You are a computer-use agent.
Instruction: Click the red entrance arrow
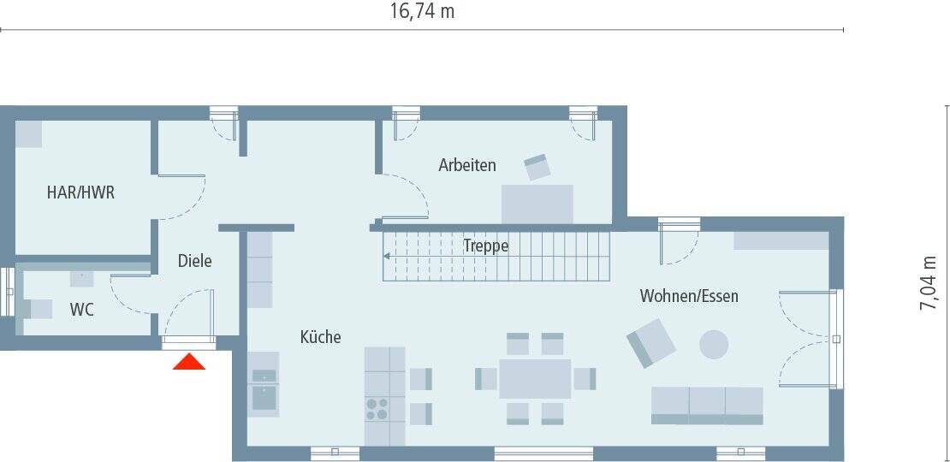coord(189,362)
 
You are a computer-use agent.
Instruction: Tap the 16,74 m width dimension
coord(422,11)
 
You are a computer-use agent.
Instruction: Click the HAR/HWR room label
coord(80,192)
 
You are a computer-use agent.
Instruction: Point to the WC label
coord(82,310)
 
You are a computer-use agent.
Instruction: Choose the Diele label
coord(194,261)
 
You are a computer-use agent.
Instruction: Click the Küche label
coord(320,337)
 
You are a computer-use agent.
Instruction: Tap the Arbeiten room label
coord(467,165)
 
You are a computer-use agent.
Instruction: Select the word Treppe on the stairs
coord(486,246)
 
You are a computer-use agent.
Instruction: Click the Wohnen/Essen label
coord(689,296)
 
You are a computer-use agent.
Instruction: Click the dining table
coord(535,379)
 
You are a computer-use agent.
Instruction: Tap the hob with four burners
coord(376,408)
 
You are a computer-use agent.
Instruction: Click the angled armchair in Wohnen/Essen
coord(651,342)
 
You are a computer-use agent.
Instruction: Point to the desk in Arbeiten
coord(537,204)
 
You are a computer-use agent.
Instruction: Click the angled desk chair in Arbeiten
coord(537,167)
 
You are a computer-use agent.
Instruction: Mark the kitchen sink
coord(264,397)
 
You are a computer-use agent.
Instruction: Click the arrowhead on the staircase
coord(388,255)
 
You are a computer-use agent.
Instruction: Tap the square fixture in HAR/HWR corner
coord(29,133)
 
